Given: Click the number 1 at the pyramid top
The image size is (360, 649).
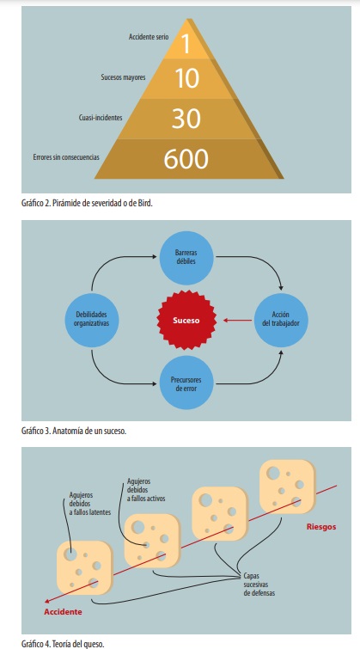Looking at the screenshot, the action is coord(186,44).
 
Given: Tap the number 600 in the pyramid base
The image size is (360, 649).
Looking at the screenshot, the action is coord(186,159).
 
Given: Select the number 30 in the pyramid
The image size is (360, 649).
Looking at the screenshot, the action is coord(186,119).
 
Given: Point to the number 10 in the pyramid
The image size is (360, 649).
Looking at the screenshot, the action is coord(187,78).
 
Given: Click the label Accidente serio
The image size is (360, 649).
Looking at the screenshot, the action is coord(149,37).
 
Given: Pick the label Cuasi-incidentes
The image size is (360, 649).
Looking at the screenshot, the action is coord(101,118).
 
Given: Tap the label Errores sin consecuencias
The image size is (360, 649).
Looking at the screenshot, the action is coord(66,157).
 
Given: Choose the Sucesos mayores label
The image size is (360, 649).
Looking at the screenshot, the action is coord(124,77).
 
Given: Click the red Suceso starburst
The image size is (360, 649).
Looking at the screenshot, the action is coord(186,320).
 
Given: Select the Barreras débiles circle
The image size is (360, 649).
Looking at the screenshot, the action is coord(186,258).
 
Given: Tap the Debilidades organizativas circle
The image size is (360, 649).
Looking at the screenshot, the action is coord(91,320).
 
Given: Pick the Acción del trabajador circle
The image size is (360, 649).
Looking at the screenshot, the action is coord(281,320).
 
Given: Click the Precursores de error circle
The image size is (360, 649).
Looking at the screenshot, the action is coord(186,383).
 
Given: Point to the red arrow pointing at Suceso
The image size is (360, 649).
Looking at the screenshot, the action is coord(237,320).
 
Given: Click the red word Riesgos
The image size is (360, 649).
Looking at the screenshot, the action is coord(321,527).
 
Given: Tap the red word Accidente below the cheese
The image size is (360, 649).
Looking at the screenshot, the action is coord(63,612).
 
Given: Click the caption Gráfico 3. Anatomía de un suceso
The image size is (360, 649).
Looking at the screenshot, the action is coord(74,431).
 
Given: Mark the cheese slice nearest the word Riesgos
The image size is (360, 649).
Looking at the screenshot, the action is coord(287,487).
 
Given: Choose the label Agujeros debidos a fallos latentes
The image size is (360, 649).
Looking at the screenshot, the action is coord(90,504).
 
